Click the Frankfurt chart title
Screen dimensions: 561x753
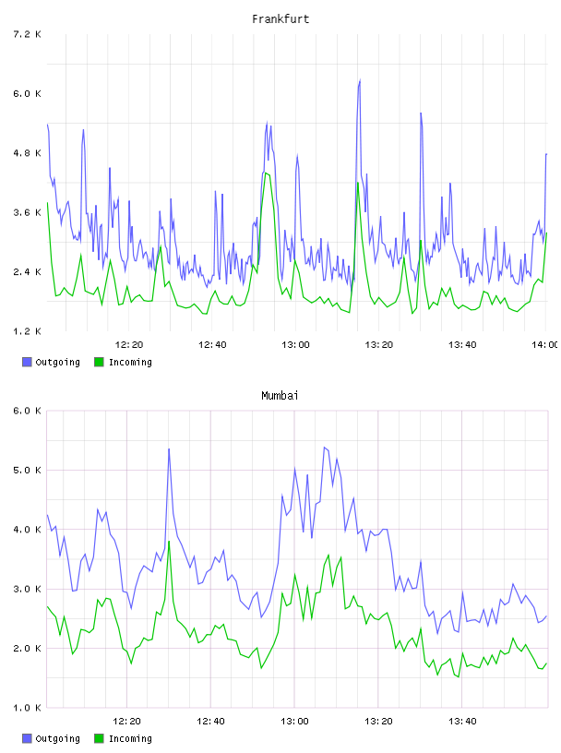coord(280,19)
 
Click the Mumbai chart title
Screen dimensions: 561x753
coord(280,396)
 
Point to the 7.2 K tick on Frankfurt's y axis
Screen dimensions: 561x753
coord(27,34)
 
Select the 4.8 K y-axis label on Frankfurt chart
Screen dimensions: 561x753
coord(27,153)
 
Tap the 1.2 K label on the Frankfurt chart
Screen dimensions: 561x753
coord(27,331)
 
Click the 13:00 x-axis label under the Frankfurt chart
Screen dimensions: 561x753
coord(295,345)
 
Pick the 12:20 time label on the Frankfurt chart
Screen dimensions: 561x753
coord(129,345)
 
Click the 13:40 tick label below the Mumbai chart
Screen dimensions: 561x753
coord(462,722)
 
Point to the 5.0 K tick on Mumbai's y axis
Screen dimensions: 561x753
coord(27,470)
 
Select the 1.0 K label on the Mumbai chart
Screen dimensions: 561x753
coord(27,708)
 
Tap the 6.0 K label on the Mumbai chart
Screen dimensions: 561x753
coord(27,411)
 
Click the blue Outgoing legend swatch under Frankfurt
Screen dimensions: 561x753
coord(27,362)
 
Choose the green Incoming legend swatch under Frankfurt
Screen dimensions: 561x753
coord(99,362)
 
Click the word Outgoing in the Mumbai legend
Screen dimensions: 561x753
coord(57,738)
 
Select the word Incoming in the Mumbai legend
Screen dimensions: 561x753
coord(130,738)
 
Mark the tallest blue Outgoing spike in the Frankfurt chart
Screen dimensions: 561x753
coord(360,80)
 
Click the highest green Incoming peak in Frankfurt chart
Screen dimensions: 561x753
coord(265,173)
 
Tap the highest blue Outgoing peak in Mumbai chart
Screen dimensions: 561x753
coord(169,449)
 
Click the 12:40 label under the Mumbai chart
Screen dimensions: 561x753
coord(210,722)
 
